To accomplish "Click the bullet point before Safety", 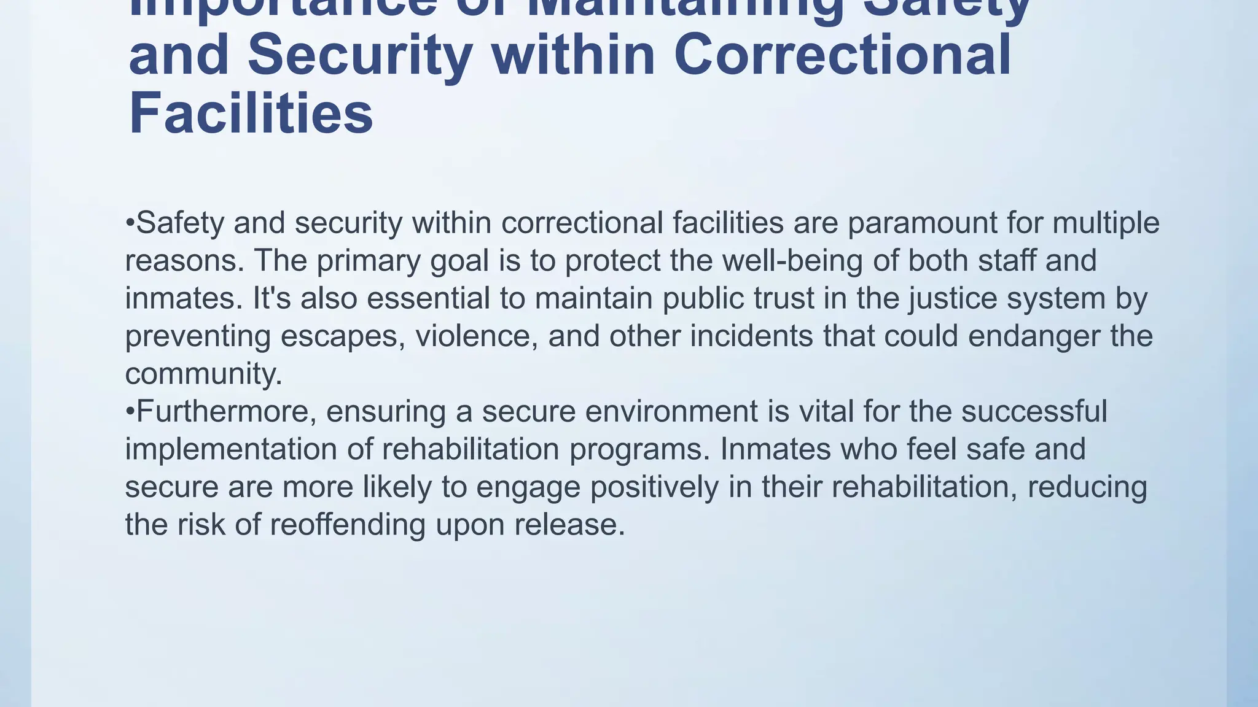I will [130, 222].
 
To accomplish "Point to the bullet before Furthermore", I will [130, 411].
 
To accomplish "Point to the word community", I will [203, 374].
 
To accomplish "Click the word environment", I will [671, 411].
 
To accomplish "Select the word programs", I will [639, 450].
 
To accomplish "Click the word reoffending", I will [348, 525].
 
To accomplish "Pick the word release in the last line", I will [569, 525].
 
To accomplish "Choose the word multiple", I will [1106, 223].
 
